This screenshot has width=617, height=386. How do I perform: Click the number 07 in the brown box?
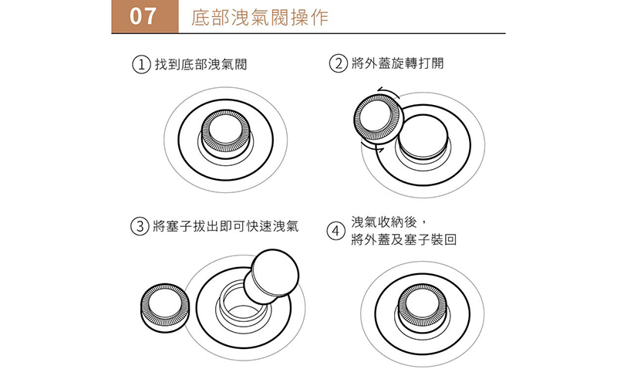(x=143, y=16)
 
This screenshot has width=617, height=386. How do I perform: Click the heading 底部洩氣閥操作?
(x=260, y=17)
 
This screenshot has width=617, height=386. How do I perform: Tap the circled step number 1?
(x=141, y=64)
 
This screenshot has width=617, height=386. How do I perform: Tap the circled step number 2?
(x=338, y=63)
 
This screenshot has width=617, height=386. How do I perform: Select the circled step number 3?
(x=140, y=226)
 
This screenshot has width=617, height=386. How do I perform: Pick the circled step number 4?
(x=335, y=231)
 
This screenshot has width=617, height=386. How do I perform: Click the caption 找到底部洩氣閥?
(x=201, y=64)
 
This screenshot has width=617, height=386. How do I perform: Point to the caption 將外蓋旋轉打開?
(x=397, y=63)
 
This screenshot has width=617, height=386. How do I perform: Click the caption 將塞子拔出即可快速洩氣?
(x=225, y=226)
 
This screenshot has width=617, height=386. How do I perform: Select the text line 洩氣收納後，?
(x=389, y=222)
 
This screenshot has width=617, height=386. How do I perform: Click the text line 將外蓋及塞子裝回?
(x=403, y=239)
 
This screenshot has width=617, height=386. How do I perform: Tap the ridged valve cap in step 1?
(x=225, y=134)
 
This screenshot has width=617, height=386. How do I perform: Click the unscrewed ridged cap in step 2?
(x=377, y=120)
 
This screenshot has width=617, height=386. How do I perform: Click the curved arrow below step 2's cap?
(x=373, y=148)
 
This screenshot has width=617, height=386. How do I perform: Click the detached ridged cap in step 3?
(x=164, y=307)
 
